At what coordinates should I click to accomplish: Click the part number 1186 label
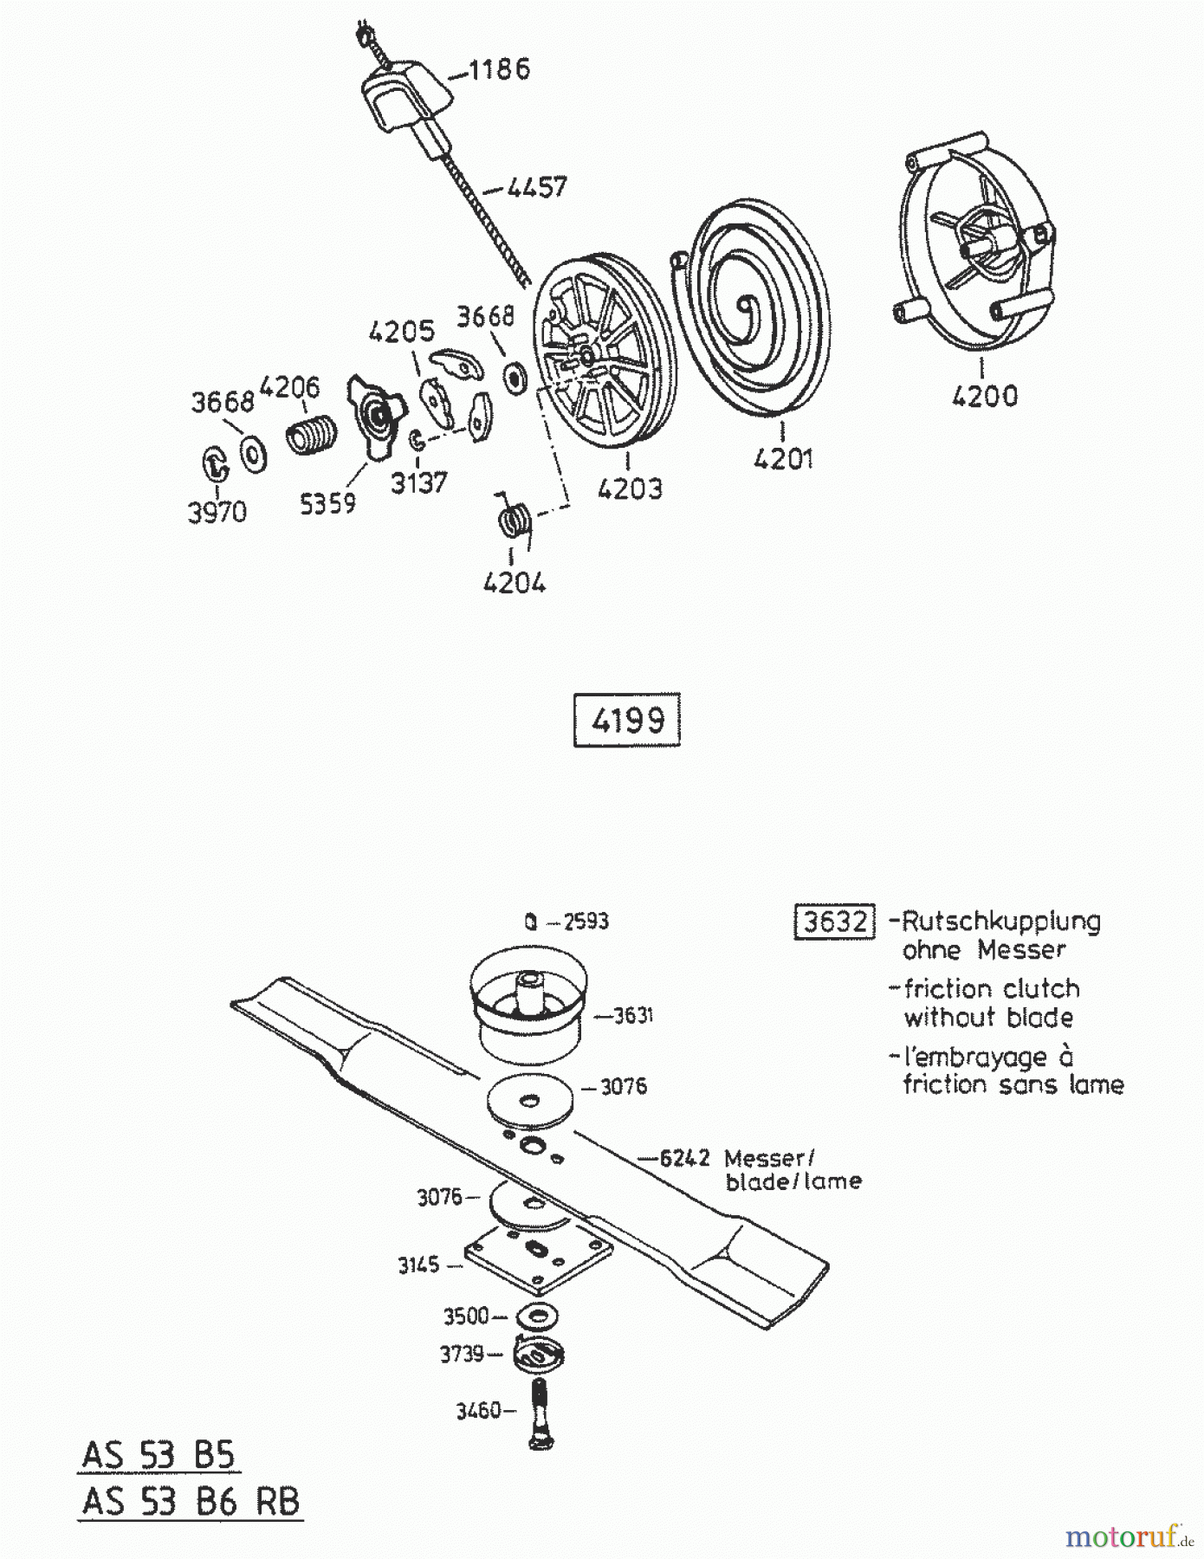point(499,68)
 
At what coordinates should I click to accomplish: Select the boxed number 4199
point(627,719)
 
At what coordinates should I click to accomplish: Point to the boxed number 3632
point(835,921)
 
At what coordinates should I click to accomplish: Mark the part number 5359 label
point(327,503)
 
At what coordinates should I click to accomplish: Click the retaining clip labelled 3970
point(213,463)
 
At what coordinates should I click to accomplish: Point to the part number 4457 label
point(537,186)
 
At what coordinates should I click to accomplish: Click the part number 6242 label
point(684,1157)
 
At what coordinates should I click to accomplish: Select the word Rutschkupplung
point(1001,922)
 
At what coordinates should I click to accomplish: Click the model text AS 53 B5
point(159,1454)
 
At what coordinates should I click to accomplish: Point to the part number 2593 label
point(586,922)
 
